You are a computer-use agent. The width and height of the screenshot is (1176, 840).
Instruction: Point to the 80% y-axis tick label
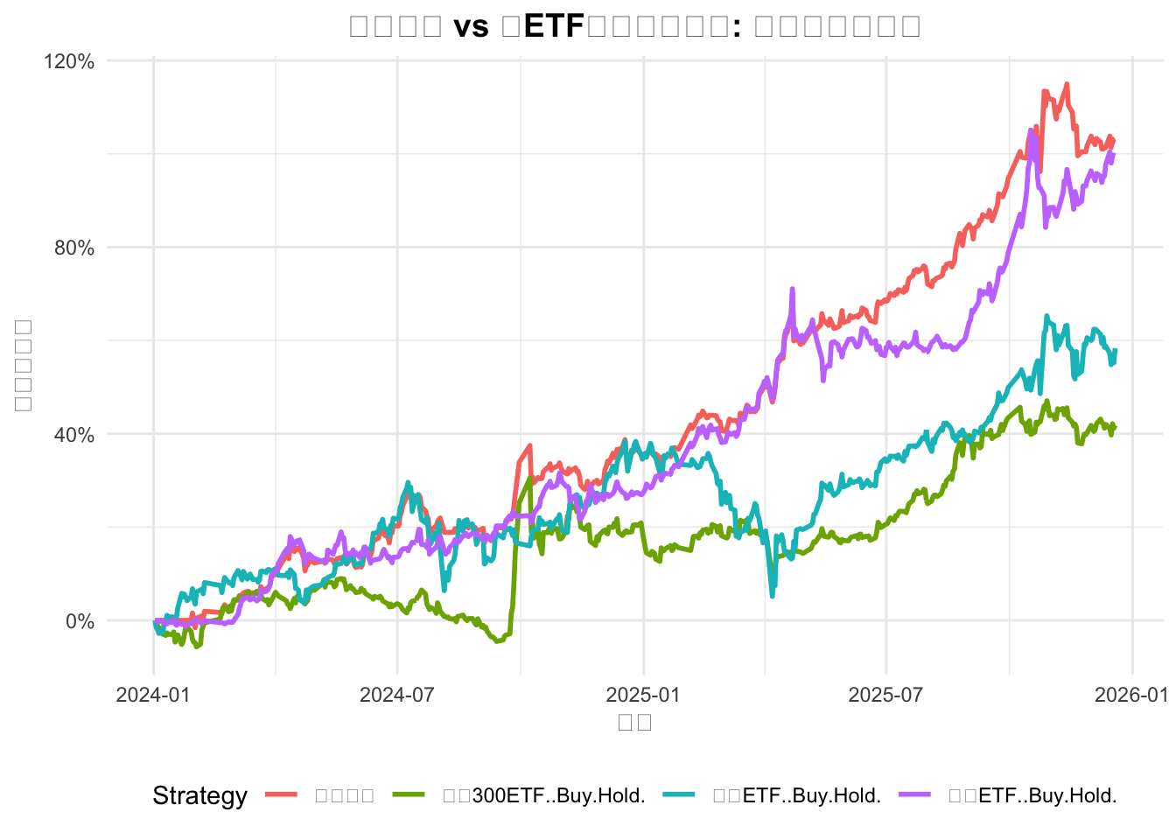(x=74, y=248)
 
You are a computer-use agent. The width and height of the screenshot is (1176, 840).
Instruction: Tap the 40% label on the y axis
(x=74, y=435)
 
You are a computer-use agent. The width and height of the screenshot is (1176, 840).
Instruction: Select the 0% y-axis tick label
(x=80, y=621)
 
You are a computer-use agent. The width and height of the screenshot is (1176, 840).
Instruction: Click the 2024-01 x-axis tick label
(x=153, y=695)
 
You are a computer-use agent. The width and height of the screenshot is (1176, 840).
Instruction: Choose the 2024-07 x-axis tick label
(x=397, y=695)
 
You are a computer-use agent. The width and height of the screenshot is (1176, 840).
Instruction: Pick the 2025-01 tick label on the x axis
(x=643, y=695)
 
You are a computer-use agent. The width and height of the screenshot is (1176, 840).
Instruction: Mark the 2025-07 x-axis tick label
(x=886, y=695)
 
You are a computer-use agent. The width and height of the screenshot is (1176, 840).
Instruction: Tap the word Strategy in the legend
(x=199, y=796)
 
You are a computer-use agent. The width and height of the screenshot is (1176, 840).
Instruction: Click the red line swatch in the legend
(x=282, y=795)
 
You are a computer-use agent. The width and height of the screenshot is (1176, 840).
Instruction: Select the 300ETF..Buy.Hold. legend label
(x=543, y=796)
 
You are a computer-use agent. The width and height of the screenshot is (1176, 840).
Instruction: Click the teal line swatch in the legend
(x=679, y=795)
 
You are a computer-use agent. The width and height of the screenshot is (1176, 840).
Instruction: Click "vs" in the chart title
(x=471, y=26)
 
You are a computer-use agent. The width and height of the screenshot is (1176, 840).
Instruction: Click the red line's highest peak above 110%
(x=1067, y=84)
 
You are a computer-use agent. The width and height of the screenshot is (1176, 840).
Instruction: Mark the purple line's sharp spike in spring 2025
(x=792, y=289)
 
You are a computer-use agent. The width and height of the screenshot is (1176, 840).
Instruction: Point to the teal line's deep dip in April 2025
(x=773, y=596)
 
